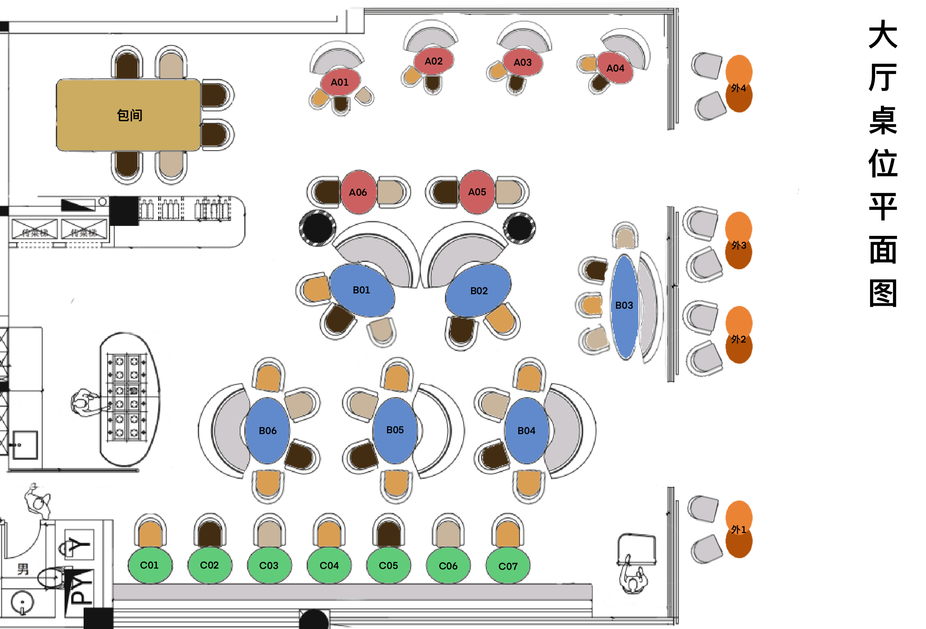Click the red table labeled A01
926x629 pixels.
click(339, 82)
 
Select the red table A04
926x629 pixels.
click(615, 68)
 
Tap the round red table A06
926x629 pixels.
click(358, 192)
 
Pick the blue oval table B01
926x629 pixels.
click(361, 290)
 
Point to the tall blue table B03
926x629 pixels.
click(624, 305)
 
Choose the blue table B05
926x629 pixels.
click(395, 430)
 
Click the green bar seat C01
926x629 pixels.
click(149, 565)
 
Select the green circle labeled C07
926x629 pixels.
click(508, 566)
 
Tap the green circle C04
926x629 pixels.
click(329, 565)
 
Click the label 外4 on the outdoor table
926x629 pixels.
click(738, 88)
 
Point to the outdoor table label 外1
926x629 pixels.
click(738, 530)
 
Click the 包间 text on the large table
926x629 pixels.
click(130, 115)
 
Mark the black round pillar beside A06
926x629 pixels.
click(317, 228)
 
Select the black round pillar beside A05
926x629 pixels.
click(520, 228)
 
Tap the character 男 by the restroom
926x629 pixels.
click(23, 569)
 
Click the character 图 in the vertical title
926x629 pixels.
click(883, 293)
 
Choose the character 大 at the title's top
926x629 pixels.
click(883, 35)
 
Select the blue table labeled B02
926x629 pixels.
click(479, 291)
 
